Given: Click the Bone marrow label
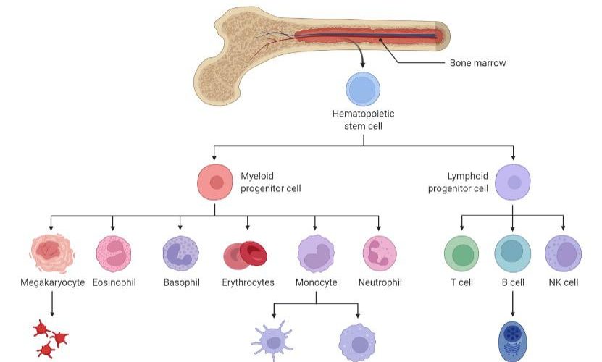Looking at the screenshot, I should pyautogui.click(x=477, y=63).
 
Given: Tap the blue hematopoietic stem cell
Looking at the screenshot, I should pyautogui.click(x=363, y=90).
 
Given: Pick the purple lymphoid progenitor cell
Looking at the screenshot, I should pyautogui.click(x=513, y=182).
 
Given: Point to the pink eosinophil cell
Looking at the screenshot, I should pyautogui.click(x=114, y=253).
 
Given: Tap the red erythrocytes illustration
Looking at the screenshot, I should pyautogui.click(x=246, y=254).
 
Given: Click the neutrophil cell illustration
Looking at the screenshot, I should pyautogui.click(x=380, y=253).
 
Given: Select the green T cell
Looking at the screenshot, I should pyautogui.click(x=461, y=253).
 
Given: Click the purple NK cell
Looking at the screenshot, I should pyautogui.click(x=563, y=253).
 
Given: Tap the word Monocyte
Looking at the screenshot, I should pyautogui.click(x=316, y=282).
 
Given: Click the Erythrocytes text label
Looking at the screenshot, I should pyautogui.click(x=248, y=282).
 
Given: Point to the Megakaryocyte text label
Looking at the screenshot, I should pyautogui.click(x=52, y=282).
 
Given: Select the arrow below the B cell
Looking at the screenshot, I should pyautogui.click(x=513, y=301).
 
